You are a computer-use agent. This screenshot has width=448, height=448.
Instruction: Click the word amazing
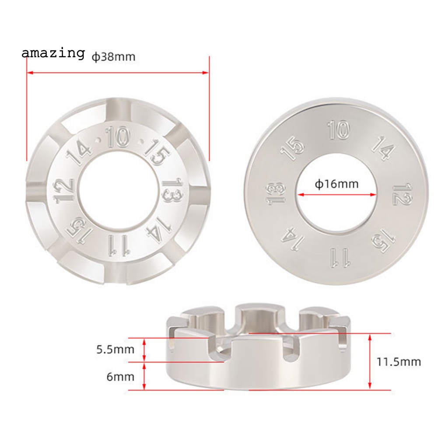pyautogui.click(x=53, y=53)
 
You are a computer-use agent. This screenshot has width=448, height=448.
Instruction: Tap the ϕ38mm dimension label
pyautogui.click(x=113, y=57)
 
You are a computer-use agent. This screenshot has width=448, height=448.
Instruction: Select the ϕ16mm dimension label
pyautogui.click(x=336, y=184)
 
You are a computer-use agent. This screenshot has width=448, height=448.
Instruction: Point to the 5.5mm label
pyautogui.click(x=115, y=350)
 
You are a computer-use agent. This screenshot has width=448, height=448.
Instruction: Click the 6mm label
pyautogui.click(x=120, y=377)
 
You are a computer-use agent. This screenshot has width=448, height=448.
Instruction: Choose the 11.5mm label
pyautogui.click(x=399, y=362)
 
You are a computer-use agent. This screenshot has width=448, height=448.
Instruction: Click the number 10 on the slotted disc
pyautogui.click(x=118, y=137)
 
